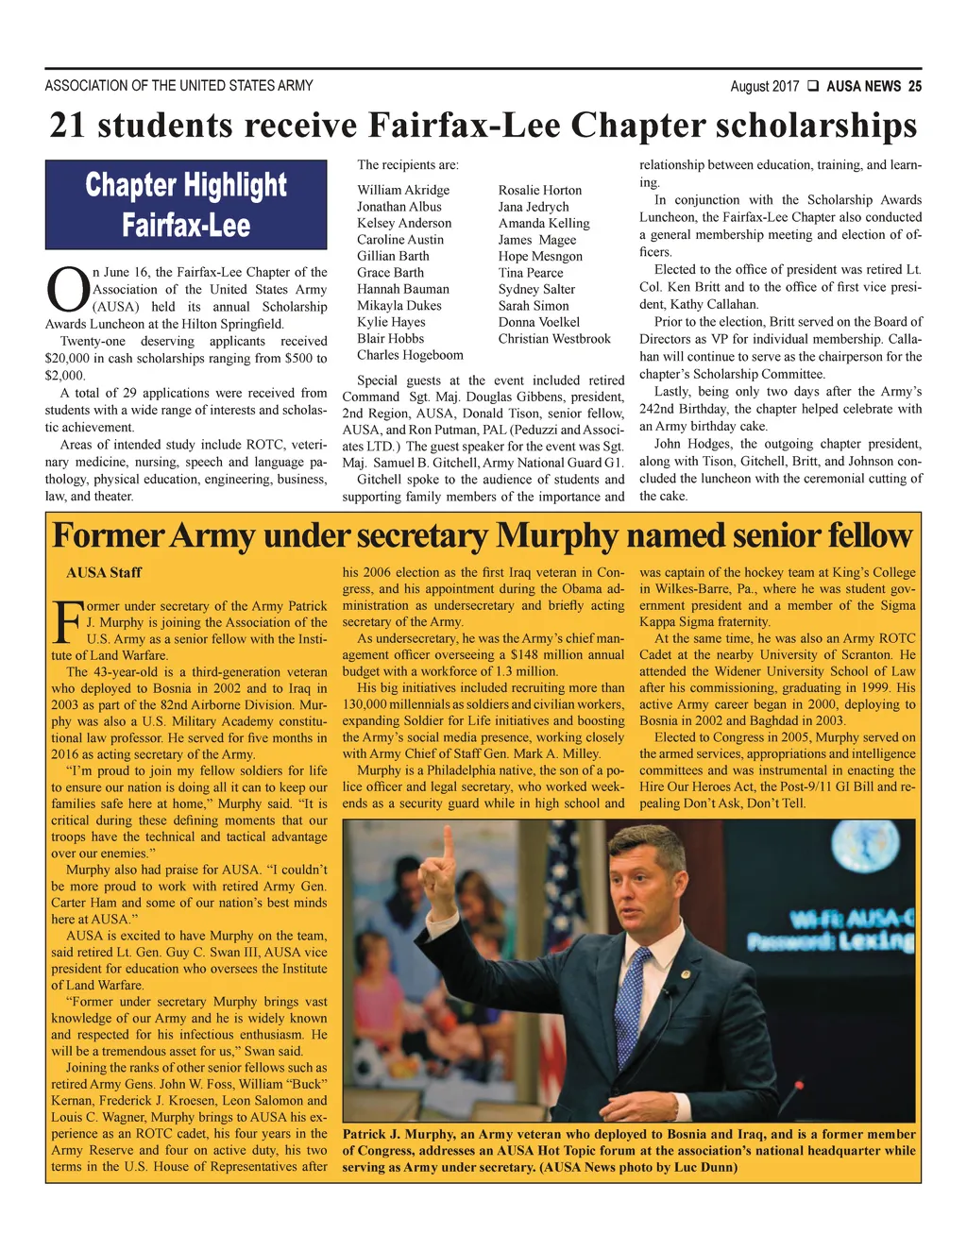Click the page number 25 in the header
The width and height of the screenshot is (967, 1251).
tap(914, 87)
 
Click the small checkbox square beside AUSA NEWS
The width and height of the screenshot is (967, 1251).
tap(812, 87)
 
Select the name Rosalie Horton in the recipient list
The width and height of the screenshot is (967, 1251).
tap(539, 191)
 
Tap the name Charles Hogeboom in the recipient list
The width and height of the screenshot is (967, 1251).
tap(410, 355)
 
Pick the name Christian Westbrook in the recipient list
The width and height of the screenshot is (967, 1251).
tap(554, 339)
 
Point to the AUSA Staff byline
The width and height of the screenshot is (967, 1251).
tap(104, 572)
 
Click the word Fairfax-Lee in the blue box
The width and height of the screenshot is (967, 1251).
tap(186, 226)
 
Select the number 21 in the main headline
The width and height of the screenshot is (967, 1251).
tap(67, 126)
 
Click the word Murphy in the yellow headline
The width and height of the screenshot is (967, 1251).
tap(558, 535)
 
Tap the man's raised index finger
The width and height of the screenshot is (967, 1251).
tap(448, 841)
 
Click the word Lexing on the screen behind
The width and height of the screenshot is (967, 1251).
tap(876, 941)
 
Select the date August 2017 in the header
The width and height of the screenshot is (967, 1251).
tap(764, 87)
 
